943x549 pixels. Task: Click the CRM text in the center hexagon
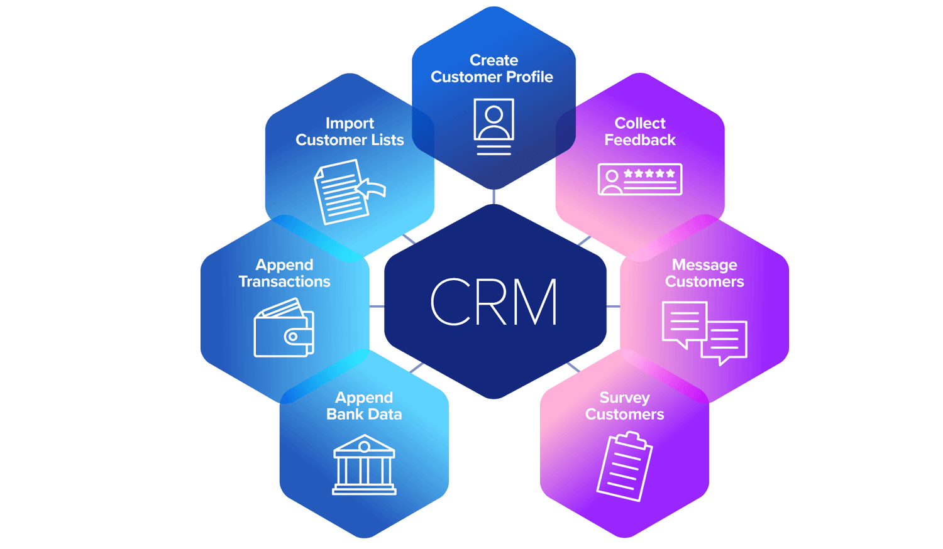coord(494,302)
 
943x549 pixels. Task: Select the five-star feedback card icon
coord(640,180)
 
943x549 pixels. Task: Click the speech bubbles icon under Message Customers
coord(704,332)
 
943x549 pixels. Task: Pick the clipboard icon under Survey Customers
coord(624,466)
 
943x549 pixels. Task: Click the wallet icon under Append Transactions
coord(284,328)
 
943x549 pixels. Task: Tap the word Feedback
coord(640,140)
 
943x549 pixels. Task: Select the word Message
coord(704,265)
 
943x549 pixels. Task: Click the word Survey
coord(624,398)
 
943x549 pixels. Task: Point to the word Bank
coord(345,415)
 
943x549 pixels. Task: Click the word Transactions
coord(284,282)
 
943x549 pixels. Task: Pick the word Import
coord(350,123)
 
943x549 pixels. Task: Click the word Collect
coord(640,123)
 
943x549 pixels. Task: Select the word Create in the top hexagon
coord(494,60)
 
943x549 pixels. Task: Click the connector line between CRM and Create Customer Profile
coord(494,197)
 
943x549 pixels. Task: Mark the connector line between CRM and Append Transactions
coord(377,307)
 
